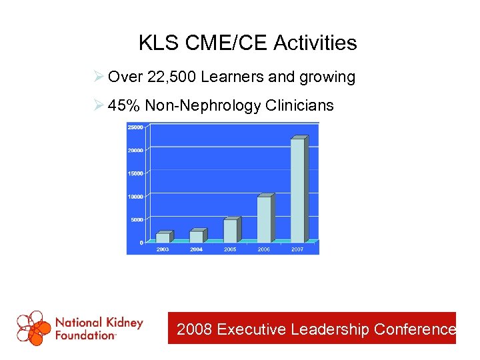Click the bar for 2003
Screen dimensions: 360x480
[x=163, y=237]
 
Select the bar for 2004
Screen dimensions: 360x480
[x=197, y=236]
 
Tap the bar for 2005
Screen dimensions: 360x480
[x=230, y=230]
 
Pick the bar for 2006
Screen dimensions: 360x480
[x=264, y=219]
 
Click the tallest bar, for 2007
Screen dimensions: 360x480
[x=298, y=190]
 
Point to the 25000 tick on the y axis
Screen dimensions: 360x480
[x=135, y=127]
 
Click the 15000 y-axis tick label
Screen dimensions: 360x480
[x=135, y=173]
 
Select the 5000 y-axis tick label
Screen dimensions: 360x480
[x=137, y=219]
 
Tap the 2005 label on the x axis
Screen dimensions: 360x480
[x=230, y=249]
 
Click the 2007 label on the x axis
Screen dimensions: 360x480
[x=297, y=249]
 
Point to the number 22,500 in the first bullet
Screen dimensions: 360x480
[x=172, y=77]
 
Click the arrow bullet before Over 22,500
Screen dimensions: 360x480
[x=99, y=77]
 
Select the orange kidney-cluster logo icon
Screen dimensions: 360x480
[x=34, y=328]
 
